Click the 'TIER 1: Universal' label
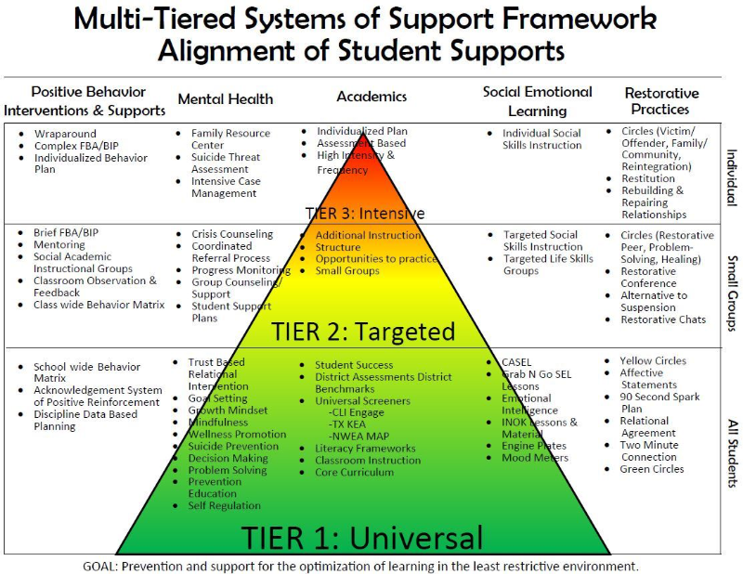(x=362, y=538)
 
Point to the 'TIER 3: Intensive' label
(x=365, y=214)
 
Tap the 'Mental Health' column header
(x=226, y=98)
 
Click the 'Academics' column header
(x=371, y=96)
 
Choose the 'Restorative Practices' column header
(x=661, y=101)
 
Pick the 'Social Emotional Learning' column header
(x=537, y=100)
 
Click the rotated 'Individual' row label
(x=731, y=176)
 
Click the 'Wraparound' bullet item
(x=65, y=135)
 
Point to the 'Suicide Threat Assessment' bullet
(x=225, y=163)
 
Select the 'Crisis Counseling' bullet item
(x=232, y=234)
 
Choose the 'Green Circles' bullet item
(x=652, y=469)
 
